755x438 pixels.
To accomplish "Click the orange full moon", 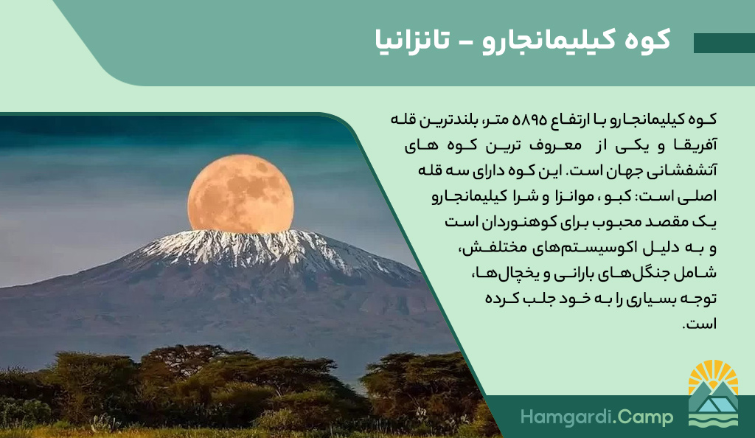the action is pyautogui.click(x=240, y=193).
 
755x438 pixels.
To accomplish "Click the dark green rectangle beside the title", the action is pyautogui.click(x=724, y=43).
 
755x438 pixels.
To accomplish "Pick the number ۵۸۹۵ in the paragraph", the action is pyautogui.click(x=530, y=119).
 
